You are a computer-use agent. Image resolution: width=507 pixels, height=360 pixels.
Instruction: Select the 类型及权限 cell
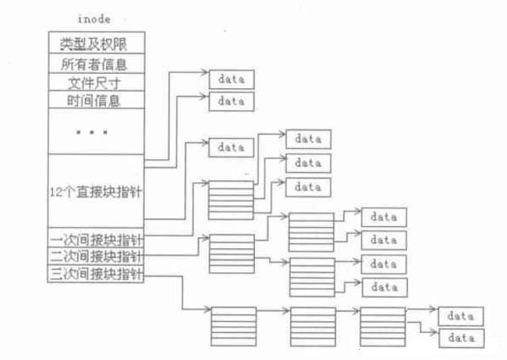click(x=96, y=43)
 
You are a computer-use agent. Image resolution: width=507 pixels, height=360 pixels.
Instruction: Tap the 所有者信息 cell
click(x=96, y=63)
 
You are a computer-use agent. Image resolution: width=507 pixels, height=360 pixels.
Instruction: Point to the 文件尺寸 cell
click(x=96, y=82)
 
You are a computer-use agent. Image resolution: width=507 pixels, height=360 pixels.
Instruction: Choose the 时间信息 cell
click(x=96, y=100)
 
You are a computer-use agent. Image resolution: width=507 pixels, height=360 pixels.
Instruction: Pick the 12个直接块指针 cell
click(x=96, y=193)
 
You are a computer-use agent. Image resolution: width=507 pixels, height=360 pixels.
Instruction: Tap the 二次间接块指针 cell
click(x=96, y=257)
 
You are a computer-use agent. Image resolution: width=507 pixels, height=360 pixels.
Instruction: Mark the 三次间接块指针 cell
click(x=96, y=274)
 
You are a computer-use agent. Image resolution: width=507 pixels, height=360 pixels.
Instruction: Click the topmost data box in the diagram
click(x=231, y=79)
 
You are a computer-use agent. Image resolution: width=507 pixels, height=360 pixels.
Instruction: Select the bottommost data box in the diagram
click(x=460, y=339)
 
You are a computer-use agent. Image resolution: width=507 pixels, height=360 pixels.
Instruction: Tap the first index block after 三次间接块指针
click(x=234, y=325)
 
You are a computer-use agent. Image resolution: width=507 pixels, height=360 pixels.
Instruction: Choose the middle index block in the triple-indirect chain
click(x=313, y=325)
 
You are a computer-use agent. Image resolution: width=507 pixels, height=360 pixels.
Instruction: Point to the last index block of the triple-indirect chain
click(x=383, y=325)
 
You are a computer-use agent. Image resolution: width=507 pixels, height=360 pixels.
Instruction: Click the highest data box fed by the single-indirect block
click(x=308, y=139)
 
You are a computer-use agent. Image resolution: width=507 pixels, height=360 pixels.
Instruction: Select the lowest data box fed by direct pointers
click(x=231, y=147)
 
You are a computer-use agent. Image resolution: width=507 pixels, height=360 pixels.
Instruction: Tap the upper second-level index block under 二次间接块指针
click(x=311, y=232)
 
